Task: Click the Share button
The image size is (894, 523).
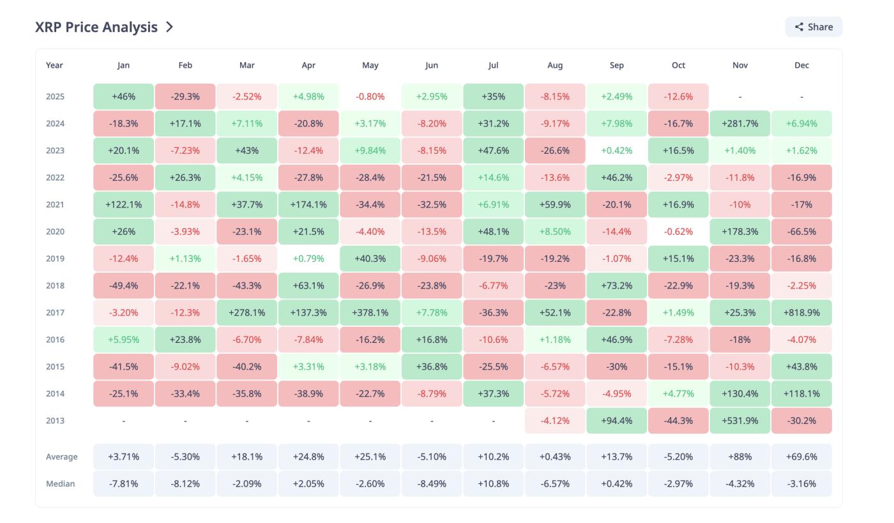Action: click(x=814, y=27)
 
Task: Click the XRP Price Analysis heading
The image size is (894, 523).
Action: click(x=96, y=27)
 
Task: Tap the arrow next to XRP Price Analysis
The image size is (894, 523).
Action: click(x=169, y=27)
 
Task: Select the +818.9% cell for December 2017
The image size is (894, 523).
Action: click(x=801, y=313)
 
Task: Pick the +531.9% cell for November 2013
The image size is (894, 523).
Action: click(x=739, y=421)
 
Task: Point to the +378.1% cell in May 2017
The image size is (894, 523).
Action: click(x=370, y=313)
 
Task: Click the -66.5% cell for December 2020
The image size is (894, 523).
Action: click(x=801, y=232)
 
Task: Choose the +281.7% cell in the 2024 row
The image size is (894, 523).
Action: click(x=739, y=124)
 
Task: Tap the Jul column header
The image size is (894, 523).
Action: click(x=493, y=65)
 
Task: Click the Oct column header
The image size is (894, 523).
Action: click(x=678, y=65)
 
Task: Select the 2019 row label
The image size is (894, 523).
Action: click(x=55, y=259)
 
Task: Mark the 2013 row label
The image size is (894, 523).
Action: click(x=55, y=421)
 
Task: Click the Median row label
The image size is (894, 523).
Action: click(x=60, y=484)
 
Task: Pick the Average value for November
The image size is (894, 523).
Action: click(x=739, y=457)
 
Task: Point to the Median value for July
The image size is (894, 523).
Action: click(x=493, y=484)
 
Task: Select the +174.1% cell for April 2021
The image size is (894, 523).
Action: click(x=308, y=205)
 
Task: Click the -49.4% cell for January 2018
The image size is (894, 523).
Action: click(x=123, y=286)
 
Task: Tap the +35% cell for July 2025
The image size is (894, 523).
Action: click(x=493, y=97)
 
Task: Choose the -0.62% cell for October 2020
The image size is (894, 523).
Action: click(x=678, y=232)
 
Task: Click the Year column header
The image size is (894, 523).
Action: click(x=54, y=65)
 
